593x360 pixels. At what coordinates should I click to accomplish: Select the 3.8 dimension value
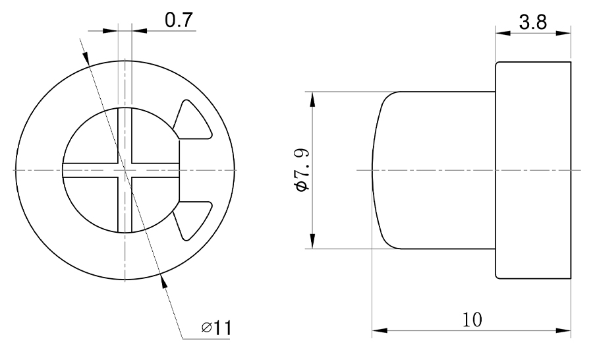532,22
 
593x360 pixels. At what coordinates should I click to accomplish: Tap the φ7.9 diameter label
302,170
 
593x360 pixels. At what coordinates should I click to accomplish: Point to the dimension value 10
472,319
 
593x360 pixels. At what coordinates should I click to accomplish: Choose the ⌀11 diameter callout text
217,327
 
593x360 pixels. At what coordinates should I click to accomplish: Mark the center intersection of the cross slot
125,170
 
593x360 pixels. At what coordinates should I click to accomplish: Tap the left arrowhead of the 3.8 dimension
501,34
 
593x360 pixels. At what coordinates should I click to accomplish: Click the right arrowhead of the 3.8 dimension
565,34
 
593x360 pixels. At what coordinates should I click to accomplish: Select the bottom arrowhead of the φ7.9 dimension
312,243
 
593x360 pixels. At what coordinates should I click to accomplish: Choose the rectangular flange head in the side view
533,170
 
